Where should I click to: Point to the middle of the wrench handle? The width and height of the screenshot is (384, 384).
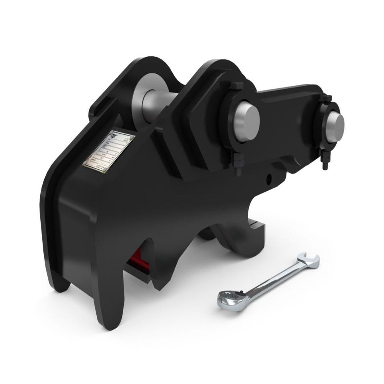(x=271, y=278)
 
